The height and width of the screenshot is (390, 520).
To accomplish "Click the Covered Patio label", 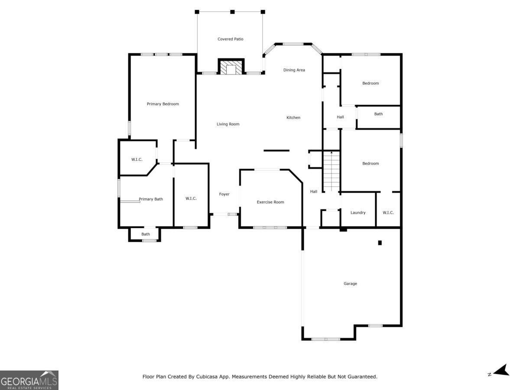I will [x=230, y=39].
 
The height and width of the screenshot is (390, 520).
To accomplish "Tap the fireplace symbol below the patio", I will [x=231, y=68].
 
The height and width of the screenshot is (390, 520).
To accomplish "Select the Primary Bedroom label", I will [x=162, y=104].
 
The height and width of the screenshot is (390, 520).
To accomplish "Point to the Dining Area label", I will [x=294, y=70].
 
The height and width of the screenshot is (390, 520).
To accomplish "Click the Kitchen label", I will [x=293, y=117].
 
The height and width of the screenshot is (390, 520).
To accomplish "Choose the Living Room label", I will [x=228, y=124].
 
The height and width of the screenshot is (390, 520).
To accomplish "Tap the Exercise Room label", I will [x=270, y=202].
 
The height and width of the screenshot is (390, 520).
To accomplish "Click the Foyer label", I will [x=224, y=194].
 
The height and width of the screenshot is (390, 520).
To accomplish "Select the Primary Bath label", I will [x=151, y=199].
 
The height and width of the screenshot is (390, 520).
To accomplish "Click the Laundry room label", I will [x=358, y=212].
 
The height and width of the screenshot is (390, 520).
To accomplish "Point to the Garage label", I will [x=350, y=283].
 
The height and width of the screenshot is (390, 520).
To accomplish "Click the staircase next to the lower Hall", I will [x=331, y=171].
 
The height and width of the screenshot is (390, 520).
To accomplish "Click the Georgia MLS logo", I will [x=29, y=380].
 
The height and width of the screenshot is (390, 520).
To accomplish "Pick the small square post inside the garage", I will [x=380, y=243].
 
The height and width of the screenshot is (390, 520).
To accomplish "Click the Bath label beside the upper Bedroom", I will [x=378, y=114].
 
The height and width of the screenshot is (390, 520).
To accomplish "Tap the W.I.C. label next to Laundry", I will [x=388, y=212].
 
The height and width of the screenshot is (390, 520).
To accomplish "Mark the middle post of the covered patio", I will [x=232, y=12].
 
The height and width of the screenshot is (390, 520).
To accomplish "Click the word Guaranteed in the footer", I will [x=359, y=377].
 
